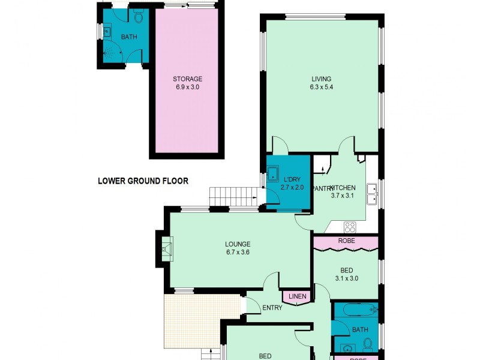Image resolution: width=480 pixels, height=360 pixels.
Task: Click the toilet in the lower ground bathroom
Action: (x=139, y=18)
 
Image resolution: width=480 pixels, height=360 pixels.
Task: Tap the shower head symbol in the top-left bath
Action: (x=109, y=52)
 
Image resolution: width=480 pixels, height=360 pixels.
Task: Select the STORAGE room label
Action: (x=187, y=79)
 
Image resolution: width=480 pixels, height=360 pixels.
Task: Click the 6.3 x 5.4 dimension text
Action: (x=321, y=87)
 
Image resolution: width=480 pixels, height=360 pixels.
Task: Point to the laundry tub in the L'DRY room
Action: (x=273, y=175)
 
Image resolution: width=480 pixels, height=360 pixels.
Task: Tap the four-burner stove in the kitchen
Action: (x=349, y=227)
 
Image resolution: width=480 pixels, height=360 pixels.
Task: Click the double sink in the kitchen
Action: (x=372, y=193)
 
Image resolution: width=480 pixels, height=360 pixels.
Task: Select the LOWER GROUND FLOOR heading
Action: (x=143, y=181)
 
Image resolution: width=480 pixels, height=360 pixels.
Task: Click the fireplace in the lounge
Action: (x=166, y=247)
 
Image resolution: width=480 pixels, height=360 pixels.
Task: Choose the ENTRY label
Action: (x=272, y=308)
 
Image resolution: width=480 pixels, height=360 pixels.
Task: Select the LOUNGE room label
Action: (x=237, y=244)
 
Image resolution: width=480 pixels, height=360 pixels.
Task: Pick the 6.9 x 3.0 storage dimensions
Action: (x=187, y=87)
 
